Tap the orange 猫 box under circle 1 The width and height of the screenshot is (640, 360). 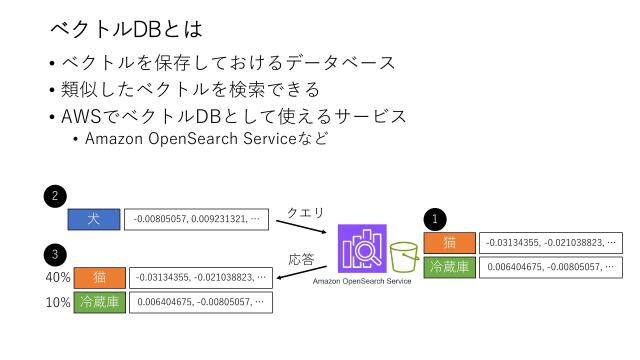click(450, 242)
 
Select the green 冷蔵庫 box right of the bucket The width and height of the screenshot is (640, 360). click(450, 267)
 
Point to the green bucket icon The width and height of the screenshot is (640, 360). click(405, 258)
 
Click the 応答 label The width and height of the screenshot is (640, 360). click(301, 259)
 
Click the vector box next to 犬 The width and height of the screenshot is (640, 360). click(196, 218)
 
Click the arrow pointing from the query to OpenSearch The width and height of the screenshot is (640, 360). click(308, 227)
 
